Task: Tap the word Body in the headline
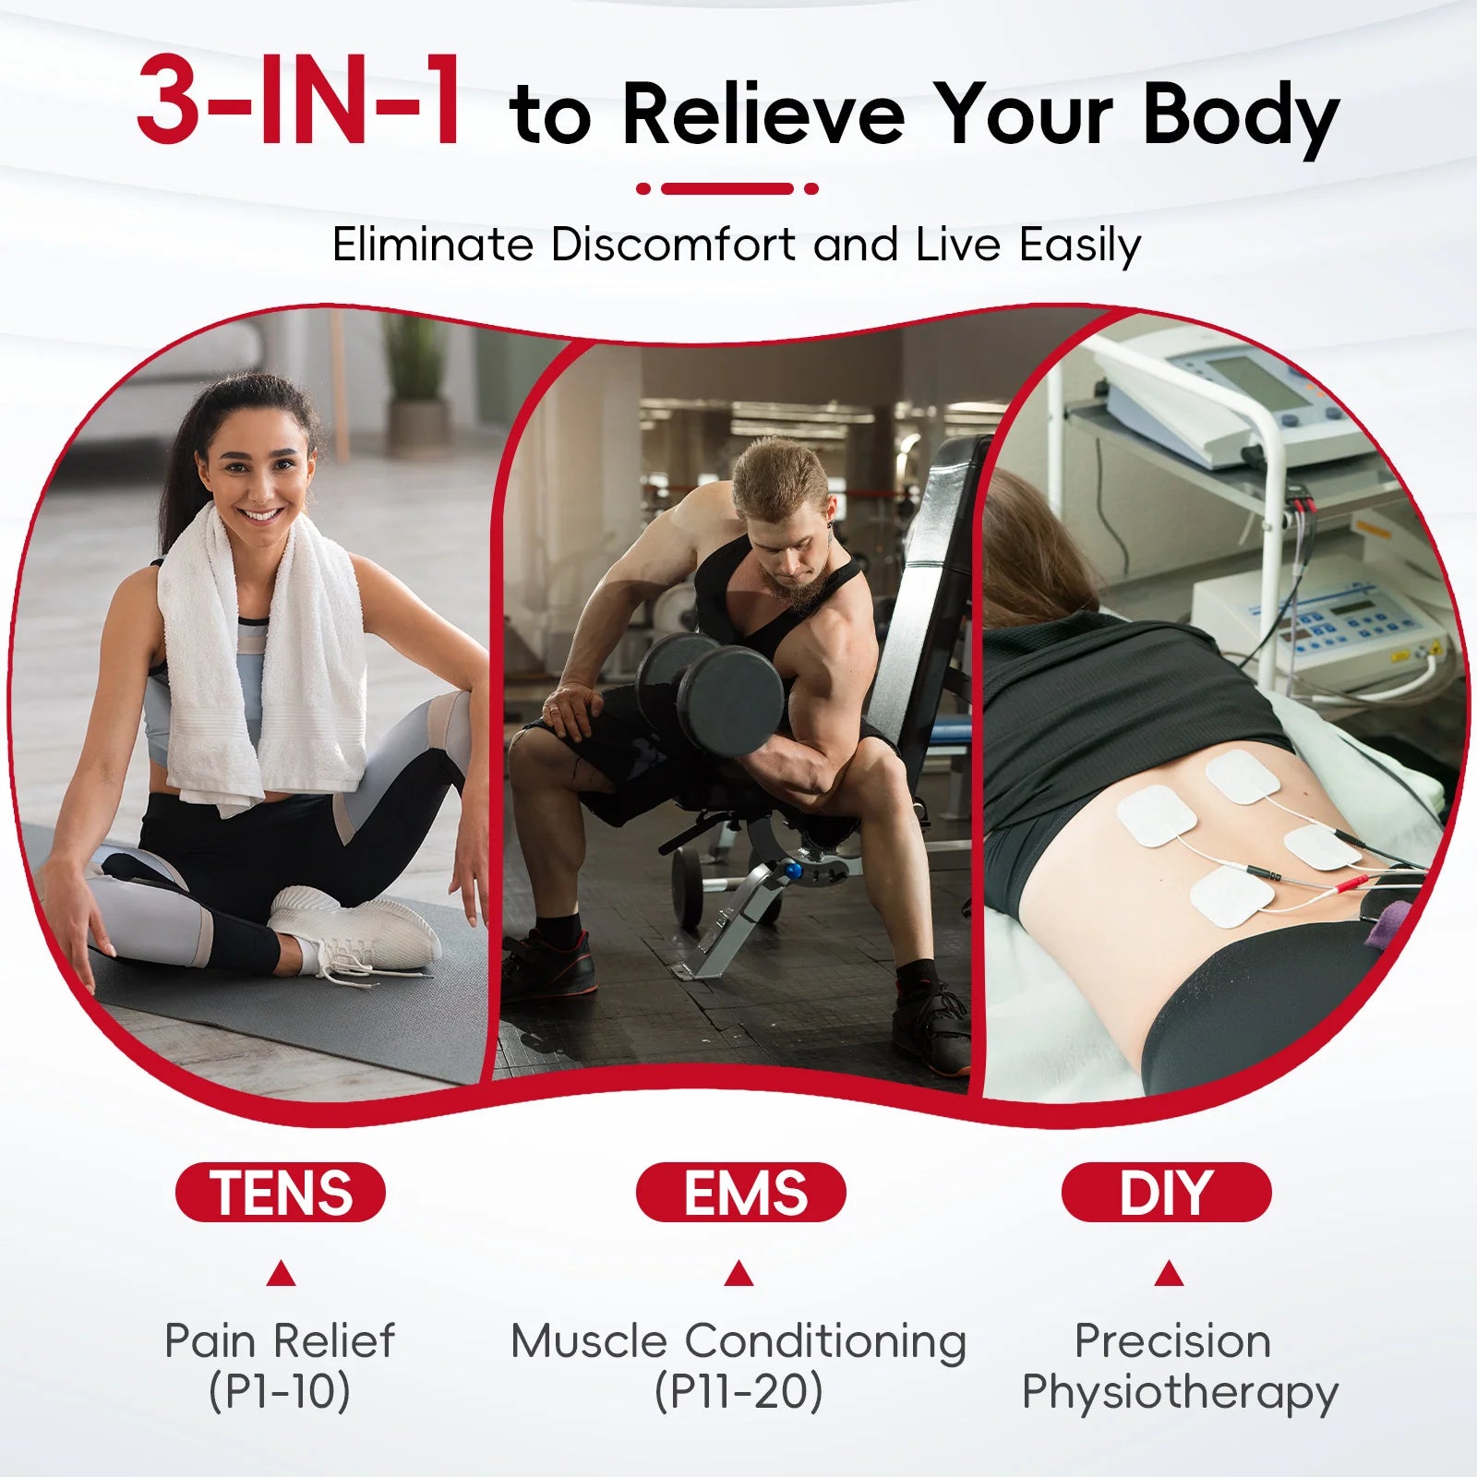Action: [x=1242, y=117]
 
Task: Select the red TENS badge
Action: [x=281, y=1192]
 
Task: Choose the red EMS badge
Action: [x=740, y=1192]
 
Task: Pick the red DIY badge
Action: [x=1166, y=1192]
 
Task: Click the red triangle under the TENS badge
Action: [x=281, y=1275]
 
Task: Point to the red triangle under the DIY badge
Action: [x=1169, y=1274]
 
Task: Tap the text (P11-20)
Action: [x=738, y=1391]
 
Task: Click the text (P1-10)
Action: [x=280, y=1391]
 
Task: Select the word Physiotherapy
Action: [x=1180, y=1393]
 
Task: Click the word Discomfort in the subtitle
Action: [x=673, y=245]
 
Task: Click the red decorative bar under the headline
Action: [x=727, y=188]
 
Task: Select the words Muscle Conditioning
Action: [x=738, y=1341]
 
